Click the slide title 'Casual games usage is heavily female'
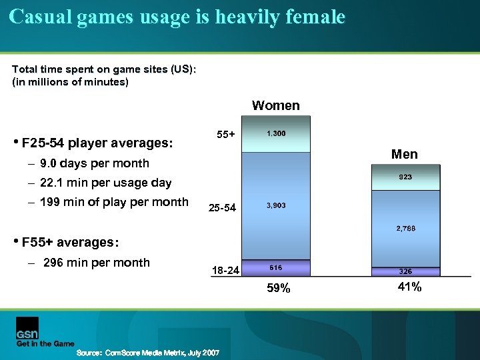pyautogui.click(x=177, y=17)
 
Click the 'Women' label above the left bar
pyautogui.click(x=275, y=105)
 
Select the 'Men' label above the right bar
pyautogui.click(x=405, y=154)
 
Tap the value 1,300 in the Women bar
pyautogui.click(x=276, y=134)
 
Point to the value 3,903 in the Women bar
pyautogui.click(x=276, y=205)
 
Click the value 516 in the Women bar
pyautogui.click(x=276, y=267)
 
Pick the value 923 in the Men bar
pyautogui.click(x=405, y=177)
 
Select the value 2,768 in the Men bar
pyautogui.click(x=405, y=229)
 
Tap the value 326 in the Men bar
pyautogui.click(x=405, y=271)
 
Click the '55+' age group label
pyautogui.click(x=226, y=135)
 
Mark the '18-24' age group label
pyautogui.click(x=223, y=270)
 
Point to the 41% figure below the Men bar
pyautogui.click(x=408, y=287)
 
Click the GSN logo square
pyautogui.click(x=27, y=329)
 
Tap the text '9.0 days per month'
pyautogui.click(x=94, y=163)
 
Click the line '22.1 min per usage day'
pyautogui.click(x=105, y=183)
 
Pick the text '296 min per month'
pyautogui.click(x=96, y=262)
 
